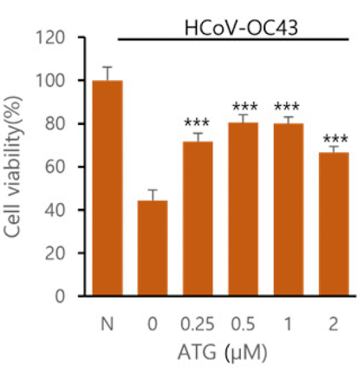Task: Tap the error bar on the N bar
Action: [x=108, y=73]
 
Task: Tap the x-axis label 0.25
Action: [x=197, y=321]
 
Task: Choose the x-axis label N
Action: [x=108, y=321]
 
